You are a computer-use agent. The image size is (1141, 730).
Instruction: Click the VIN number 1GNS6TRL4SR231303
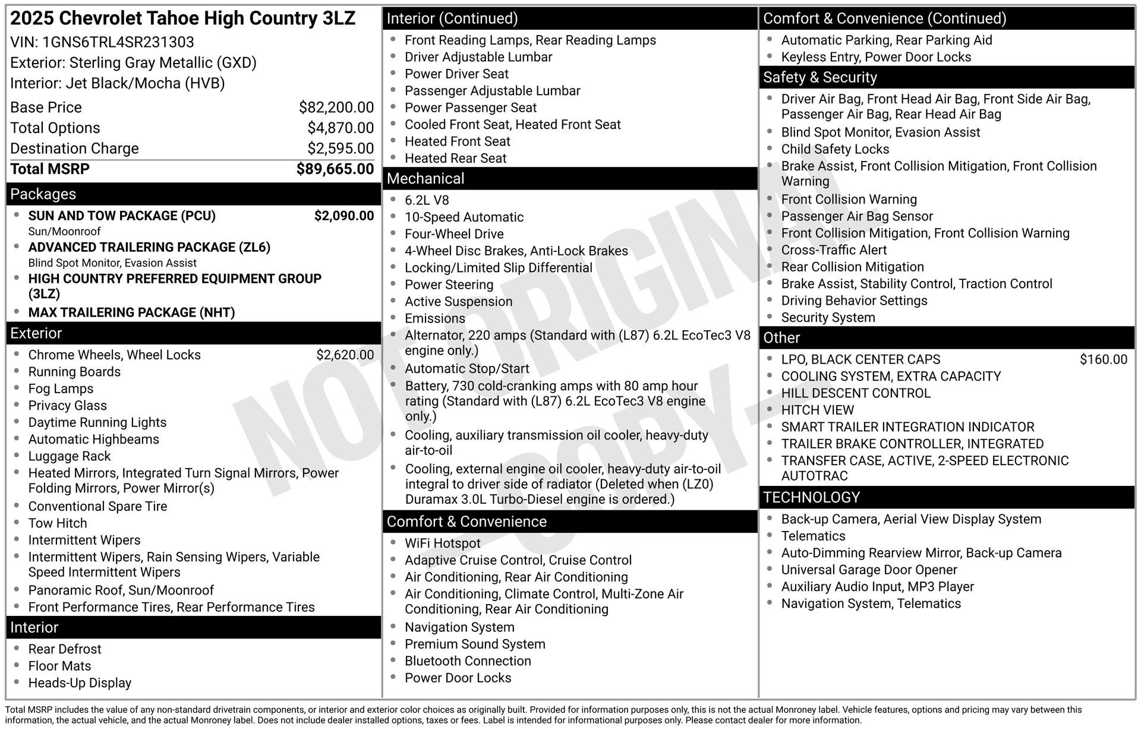click(x=118, y=42)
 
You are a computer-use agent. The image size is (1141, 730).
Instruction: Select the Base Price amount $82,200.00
click(x=336, y=108)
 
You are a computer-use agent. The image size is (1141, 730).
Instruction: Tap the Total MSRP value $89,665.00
click(x=335, y=169)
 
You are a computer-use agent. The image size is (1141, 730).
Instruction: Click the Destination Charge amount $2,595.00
click(x=340, y=148)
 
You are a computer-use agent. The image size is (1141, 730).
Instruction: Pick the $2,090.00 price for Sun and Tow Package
click(x=343, y=216)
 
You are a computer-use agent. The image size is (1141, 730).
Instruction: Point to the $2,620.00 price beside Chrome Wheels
click(x=345, y=355)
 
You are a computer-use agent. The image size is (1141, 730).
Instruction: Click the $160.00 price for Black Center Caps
click(x=1103, y=359)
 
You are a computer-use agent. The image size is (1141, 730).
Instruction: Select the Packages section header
click(x=43, y=194)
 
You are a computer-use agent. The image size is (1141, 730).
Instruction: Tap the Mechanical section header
click(x=425, y=179)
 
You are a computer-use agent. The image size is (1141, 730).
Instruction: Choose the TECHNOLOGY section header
click(x=811, y=498)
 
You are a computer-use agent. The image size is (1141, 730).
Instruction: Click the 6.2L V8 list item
click(x=427, y=201)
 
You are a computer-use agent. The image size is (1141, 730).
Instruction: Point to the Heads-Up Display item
click(x=80, y=683)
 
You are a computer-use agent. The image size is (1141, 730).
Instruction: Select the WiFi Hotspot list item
click(x=442, y=543)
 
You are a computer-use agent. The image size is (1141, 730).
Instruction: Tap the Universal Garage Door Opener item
click(x=869, y=570)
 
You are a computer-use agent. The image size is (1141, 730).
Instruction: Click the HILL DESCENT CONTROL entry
click(x=855, y=393)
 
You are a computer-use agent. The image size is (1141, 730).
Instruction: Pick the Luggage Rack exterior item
click(x=70, y=457)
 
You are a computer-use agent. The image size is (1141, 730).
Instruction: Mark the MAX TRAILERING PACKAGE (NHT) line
click(x=131, y=312)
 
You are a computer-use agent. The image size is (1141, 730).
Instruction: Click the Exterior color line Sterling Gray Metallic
click(x=133, y=63)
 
